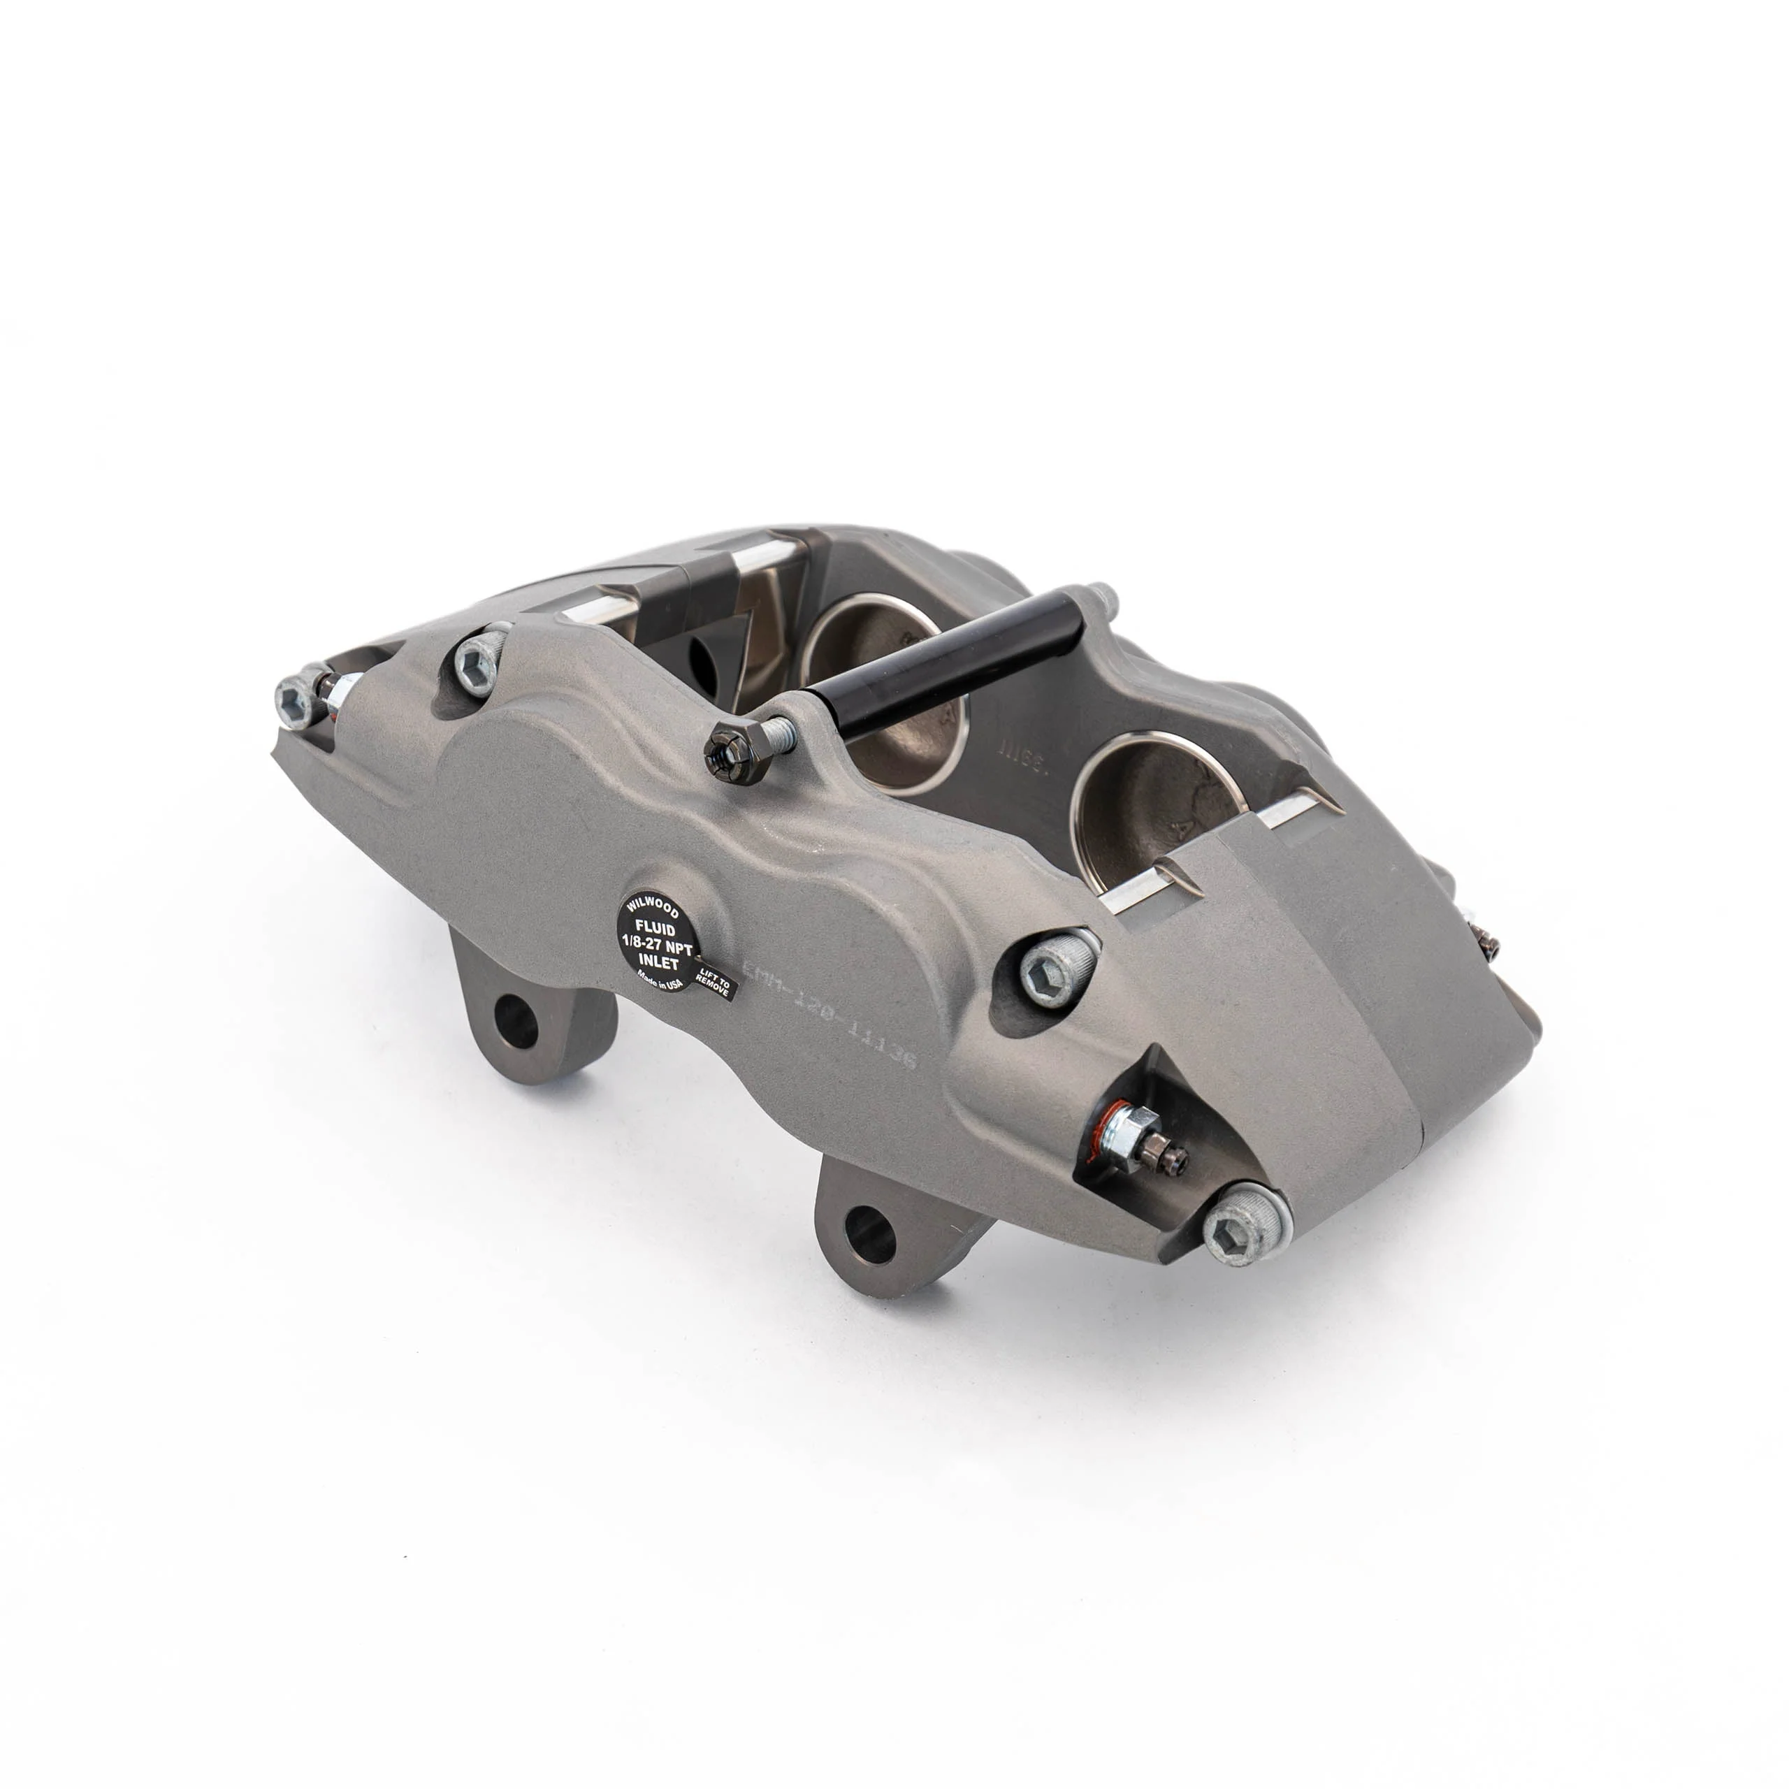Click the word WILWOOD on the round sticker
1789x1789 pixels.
click(x=653, y=904)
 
